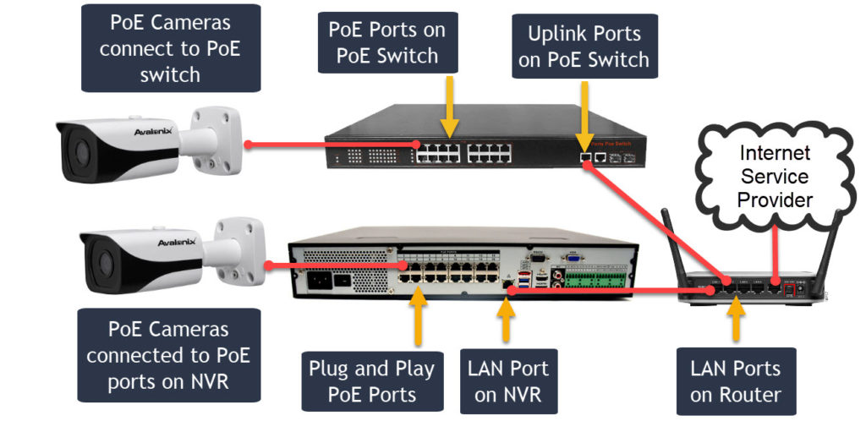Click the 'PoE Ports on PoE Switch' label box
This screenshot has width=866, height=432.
[x=386, y=43]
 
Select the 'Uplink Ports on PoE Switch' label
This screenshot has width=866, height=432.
[x=584, y=46]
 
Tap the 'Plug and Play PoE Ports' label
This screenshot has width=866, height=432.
[x=371, y=381]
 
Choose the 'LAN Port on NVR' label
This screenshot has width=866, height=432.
[x=508, y=381]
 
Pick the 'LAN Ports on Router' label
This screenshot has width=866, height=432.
[x=736, y=381]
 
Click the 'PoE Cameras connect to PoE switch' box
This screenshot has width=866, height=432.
[x=169, y=47]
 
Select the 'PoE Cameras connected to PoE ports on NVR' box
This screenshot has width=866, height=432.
[x=168, y=354]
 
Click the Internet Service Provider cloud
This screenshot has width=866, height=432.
[x=774, y=177]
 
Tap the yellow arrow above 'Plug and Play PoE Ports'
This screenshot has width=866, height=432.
[x=418, y=318]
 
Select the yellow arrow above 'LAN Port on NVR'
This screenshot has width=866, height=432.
[x=506, y=318]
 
